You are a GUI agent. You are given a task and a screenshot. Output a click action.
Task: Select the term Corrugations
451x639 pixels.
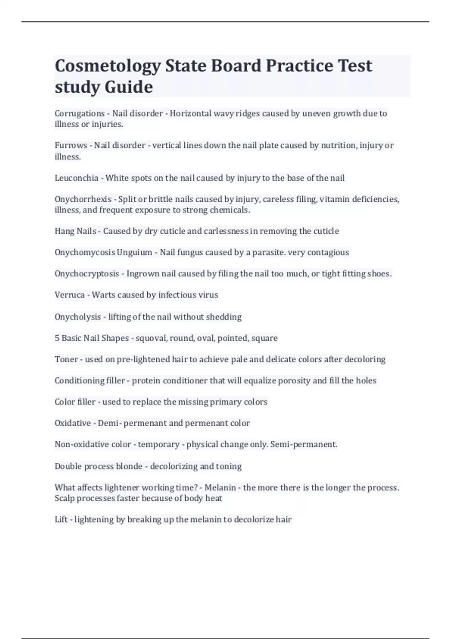pos(80,114)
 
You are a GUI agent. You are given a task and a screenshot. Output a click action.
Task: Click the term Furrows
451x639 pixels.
pos(71,145)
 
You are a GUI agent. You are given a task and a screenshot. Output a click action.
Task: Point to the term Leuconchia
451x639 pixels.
pos(76,178)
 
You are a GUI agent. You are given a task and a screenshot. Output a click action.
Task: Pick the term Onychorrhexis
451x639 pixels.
pos(83,199)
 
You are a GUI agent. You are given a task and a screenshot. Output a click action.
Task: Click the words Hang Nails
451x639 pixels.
pos(76,231)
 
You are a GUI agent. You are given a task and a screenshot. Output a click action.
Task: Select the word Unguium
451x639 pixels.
pos(135,252)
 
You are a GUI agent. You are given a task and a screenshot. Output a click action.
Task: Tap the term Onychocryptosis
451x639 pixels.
pos(87,274)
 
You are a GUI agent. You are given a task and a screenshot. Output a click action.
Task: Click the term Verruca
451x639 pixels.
pos(70,295)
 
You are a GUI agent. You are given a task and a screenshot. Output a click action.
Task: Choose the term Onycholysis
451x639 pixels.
pos(78,317)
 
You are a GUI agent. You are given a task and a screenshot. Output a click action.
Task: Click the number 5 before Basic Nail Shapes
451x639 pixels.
pos(57,338)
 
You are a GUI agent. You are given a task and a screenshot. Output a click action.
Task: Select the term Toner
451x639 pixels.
pos(66,359)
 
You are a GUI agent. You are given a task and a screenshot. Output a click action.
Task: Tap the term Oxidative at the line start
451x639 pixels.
pos(73,423)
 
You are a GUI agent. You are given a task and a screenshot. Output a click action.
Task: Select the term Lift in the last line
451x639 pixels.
pos(61,519)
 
